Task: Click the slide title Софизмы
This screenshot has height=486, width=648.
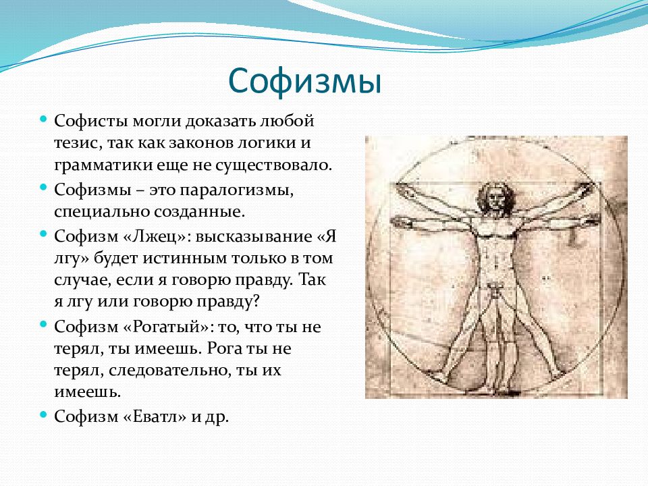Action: pos(304,81)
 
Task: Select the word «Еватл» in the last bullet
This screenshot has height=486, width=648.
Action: pos(155,416)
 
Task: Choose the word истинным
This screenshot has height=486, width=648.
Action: pos(184,259)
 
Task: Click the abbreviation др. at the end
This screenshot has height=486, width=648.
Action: pos(216,417)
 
